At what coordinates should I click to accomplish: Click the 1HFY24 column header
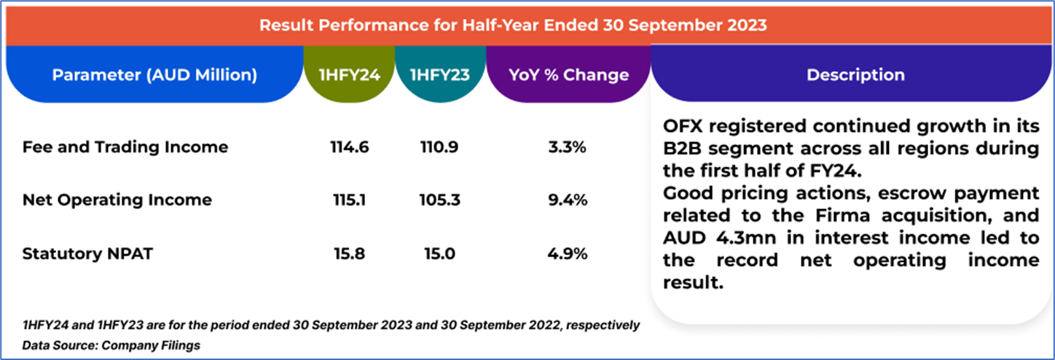pos(349,75)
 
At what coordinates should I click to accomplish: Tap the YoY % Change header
pos(568,75)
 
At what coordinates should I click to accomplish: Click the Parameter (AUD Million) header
pos(154,75)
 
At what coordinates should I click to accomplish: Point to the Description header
pos(855,75)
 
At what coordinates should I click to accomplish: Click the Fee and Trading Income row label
pos(125,147)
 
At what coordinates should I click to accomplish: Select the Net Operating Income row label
pos(117,200)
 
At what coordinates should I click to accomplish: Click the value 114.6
pos(349,147)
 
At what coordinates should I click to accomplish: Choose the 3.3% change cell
pos(568,147)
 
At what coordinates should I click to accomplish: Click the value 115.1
pos(349,200)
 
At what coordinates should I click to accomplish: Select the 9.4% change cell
pos(568,200)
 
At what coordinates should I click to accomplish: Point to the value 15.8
pos(349,254)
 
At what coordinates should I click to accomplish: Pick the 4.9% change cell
pos(568,254)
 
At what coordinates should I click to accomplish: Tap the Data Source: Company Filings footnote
pos(111,345)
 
